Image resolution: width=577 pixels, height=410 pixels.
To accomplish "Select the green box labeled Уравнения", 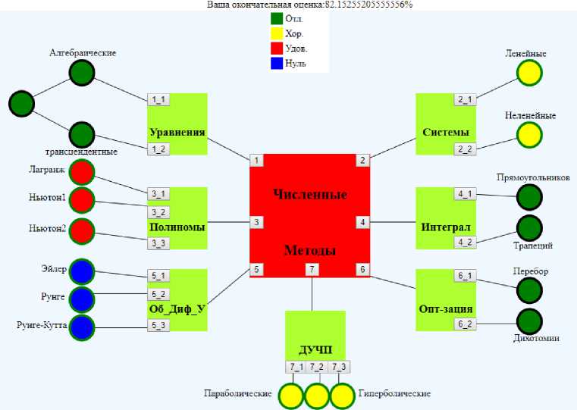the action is click(177, 124).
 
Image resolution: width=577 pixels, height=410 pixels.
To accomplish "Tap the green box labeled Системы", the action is click(445, 124).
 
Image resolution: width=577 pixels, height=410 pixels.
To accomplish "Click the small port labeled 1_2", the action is click(158, 149).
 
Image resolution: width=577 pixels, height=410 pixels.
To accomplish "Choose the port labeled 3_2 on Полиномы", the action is click(158, 212).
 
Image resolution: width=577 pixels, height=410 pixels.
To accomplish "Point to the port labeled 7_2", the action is click(316, 368).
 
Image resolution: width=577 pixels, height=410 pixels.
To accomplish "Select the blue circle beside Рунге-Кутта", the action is click(81, 327).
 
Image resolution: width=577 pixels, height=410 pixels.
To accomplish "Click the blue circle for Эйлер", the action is click(81, 271).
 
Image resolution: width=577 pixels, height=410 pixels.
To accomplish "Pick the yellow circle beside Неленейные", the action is click(529, 135).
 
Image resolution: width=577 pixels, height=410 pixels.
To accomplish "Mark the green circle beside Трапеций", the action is click(529, 228).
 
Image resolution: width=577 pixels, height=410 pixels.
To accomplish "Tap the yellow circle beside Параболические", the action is click(290, 396).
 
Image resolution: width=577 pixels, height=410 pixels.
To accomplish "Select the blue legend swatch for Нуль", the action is click(277, 63).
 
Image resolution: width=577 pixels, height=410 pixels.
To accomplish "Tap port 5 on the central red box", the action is click(257, 269).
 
